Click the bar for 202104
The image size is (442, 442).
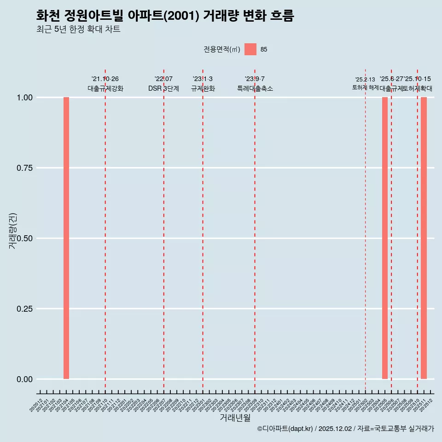[x=66, y=238]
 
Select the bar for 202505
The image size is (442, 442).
[x=385, y=238]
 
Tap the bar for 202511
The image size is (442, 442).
[x=424, y=238]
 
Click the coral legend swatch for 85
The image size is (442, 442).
[x=250, y=49]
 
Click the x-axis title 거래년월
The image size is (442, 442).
[x=235, y=418]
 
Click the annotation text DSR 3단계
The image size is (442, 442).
[x=163, y=88]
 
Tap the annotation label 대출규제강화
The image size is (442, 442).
[x=105, y=88]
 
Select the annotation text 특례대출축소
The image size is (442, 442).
[x=255, y=88]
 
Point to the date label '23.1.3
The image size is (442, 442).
[x=203, y=79]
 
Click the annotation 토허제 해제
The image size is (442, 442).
[x=365, y=87]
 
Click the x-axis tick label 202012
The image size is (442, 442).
[x=36, y=405]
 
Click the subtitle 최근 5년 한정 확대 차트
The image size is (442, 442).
[x=78, y=30]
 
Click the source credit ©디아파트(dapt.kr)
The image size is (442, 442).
[x=285, y=429]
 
